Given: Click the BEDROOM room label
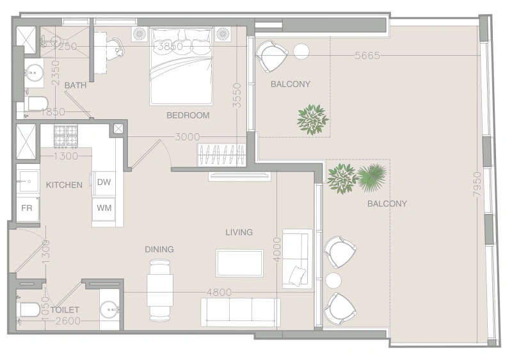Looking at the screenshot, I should coord(188,115).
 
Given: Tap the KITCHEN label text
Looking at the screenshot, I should coord(64,185).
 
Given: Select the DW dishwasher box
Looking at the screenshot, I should coord(104,182).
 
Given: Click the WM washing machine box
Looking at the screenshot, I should coord(104,208).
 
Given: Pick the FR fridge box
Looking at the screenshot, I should coord(27,208).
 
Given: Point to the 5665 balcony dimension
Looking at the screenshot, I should coord(367,56).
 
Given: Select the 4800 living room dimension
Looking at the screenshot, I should coord(219,292).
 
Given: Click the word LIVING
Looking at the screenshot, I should coord(239,232).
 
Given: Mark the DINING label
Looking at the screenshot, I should coord(159,249).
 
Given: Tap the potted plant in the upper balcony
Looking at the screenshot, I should coord(312,119).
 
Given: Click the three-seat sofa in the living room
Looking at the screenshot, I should coord(240,312).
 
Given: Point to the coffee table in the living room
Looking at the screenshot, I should coord(239,263).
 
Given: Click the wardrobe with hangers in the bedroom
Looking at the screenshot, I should coord(221,156).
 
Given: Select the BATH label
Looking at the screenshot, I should coord(76,85).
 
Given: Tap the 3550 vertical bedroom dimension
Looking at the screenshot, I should coord(237,96).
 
